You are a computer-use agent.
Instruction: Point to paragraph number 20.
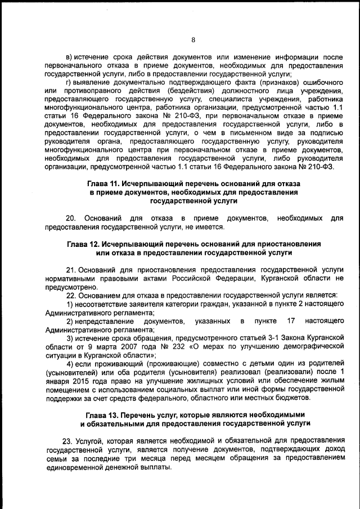pyautogui.click(x=71, y=218)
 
